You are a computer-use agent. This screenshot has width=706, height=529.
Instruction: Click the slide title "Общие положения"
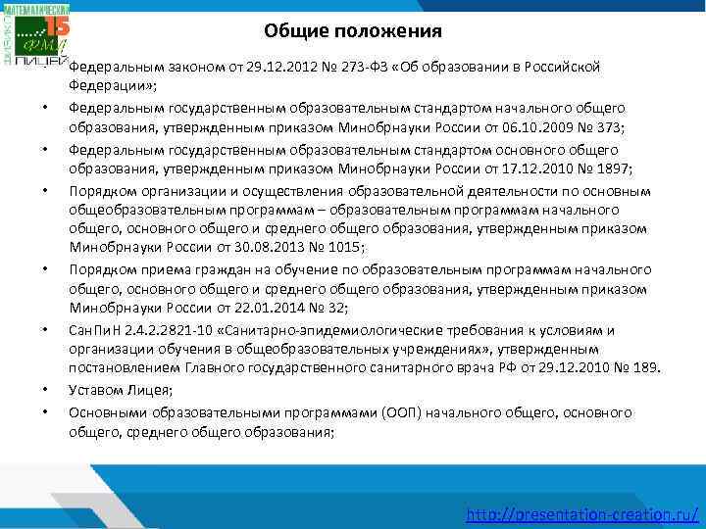tap(353, 31)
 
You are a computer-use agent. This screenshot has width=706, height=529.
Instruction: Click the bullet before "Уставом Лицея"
tap(46, 390)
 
